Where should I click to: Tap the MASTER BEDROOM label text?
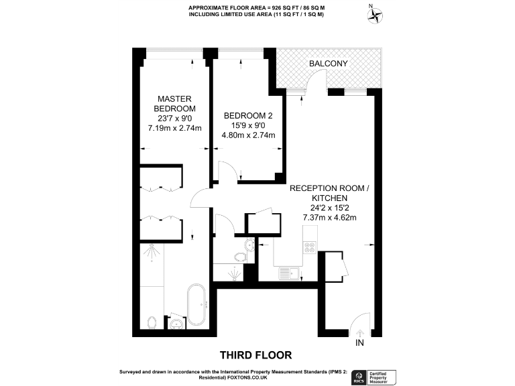pyautogui.click(x=174, y=103)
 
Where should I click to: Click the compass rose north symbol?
pyautogui.click(x=377, y=14)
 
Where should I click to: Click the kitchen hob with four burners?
pyautogui.click(x=310, y=247)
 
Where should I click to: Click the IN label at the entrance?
pyautogui.click(x=359, y=342)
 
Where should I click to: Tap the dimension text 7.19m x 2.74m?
pyautogui.click(x=174, y=127)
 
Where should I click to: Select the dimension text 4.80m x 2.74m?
pyautogui.click(x=248, y=135)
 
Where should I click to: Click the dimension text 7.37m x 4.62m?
pyautogui.click(x=328, y=217)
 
